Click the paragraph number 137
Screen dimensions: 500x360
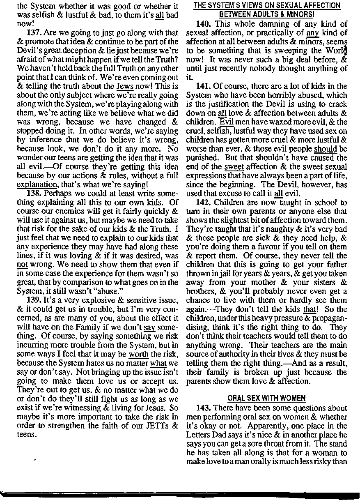pyautogui.click(x=33, y=33)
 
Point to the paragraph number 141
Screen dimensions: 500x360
pyautogui.click(x=203, y=87)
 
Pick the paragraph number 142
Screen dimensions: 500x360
pyautogui.click(x=203, y=203)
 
